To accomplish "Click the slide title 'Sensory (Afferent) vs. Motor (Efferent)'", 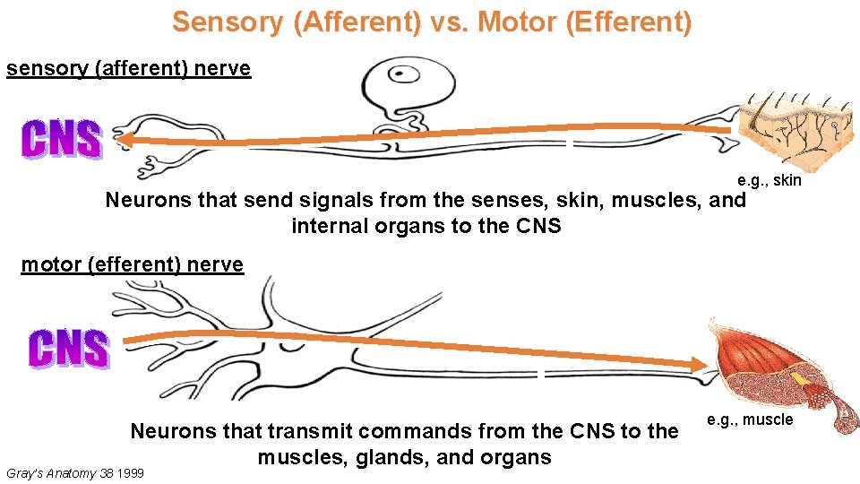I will [x=432, y=22].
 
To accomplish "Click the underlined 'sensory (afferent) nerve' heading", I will [x=129, y=69].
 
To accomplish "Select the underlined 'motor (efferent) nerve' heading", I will [x=133, y=264].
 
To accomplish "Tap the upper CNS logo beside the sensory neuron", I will [x=62, y=140].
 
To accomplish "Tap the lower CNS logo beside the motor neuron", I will [x=69, y=349].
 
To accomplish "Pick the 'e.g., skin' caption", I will [x=769, y=181].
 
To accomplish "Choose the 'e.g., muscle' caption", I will [x=750, y=419].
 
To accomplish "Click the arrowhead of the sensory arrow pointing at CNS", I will [x=125, y=139].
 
